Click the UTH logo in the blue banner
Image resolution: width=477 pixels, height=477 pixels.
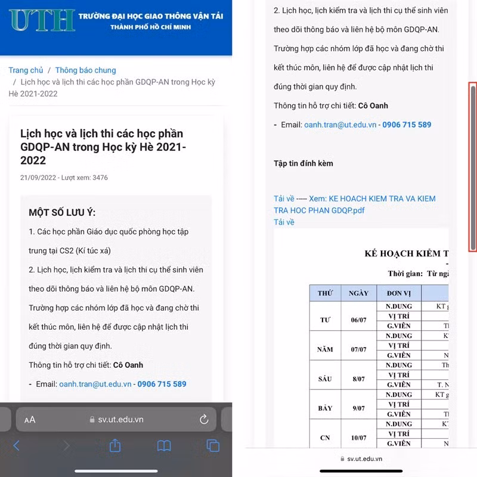tap(41, 20)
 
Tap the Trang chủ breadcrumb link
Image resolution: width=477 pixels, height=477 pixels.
tap(26, 70)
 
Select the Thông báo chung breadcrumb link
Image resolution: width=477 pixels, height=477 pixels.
tap(85, 70)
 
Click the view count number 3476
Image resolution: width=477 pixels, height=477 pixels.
tap(100, 178)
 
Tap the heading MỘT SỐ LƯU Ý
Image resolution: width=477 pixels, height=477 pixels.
tap(62, 213)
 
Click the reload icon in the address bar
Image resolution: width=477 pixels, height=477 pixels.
tap(204, 419)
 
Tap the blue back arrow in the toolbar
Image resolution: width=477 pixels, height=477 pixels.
tap(16, 445)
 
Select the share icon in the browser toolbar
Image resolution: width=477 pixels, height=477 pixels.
tap(115, 445)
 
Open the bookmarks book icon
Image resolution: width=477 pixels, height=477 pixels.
tap(164, 445)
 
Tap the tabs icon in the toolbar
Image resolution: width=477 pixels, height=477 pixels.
tap(213, 445)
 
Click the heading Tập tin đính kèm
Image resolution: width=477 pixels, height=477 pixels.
tap(303, 163)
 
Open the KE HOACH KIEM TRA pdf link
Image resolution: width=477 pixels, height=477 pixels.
tap(354, 205)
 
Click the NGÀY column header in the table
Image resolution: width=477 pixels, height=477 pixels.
tap(359, 293)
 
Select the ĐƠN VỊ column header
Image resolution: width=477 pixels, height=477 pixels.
tap(398, 293)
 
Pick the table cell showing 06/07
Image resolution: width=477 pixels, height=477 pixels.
tap(359, 320)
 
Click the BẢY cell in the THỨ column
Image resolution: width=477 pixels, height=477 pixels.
tap(325, 408)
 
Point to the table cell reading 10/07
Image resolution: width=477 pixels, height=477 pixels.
tap(359, 438)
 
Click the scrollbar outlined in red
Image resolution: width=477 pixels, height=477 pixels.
tap(473, 166)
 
